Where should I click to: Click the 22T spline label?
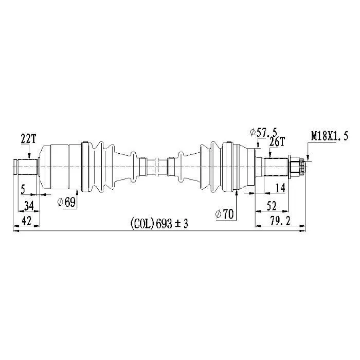coord(28,139)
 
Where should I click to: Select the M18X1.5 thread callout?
coord(330,136)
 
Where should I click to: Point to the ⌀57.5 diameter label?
coord(263,132)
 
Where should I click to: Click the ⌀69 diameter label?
coord(66,202)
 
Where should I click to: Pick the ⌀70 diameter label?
coord(224,214)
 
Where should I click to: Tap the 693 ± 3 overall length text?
coord(172,223)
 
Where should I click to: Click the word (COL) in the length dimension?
coord(142,223)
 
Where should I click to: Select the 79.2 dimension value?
coord(280,221)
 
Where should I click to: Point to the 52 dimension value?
coord(272,206)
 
